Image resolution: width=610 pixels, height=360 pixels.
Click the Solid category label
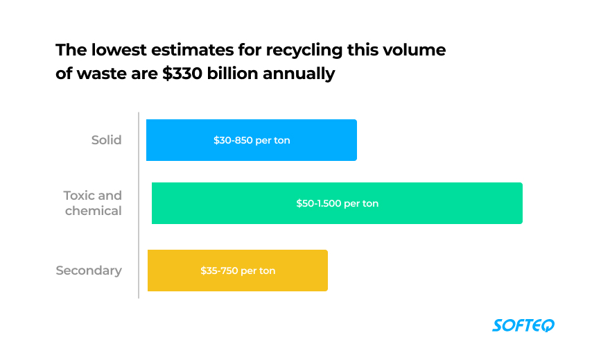point(106,140)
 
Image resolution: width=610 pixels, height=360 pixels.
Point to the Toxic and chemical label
point(93,203)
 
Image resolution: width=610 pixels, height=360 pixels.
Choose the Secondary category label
point(89,271)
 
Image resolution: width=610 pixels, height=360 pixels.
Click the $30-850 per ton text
point(252,140)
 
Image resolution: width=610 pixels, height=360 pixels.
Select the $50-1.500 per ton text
point(337,203)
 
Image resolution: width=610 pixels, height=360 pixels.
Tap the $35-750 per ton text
point(238,271)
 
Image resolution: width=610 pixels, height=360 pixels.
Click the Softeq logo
point(523,325)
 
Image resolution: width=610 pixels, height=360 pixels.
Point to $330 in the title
point(184,74)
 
